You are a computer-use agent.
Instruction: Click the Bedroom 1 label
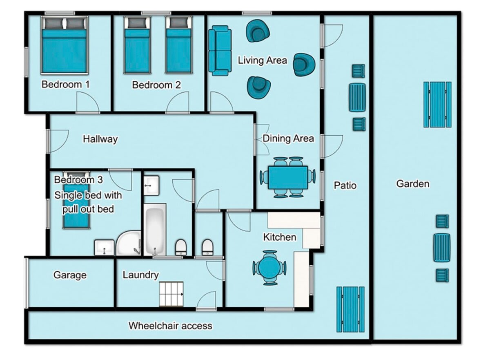66,85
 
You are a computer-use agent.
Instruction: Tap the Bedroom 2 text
156,85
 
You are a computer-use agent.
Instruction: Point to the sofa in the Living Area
220,50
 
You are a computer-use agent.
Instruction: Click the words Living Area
262,60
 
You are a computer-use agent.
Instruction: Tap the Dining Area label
288,138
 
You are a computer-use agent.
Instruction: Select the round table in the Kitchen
269,268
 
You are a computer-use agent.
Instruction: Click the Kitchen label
279,237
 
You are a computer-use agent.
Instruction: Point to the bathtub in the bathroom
154,230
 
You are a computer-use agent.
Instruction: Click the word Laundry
140,275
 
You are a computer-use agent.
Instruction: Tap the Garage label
70,275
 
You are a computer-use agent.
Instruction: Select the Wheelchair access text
170,326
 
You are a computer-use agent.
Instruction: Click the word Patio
345,186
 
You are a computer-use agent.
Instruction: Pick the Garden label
413,184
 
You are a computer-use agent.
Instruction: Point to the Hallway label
100,139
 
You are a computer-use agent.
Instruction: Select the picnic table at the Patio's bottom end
350,309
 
